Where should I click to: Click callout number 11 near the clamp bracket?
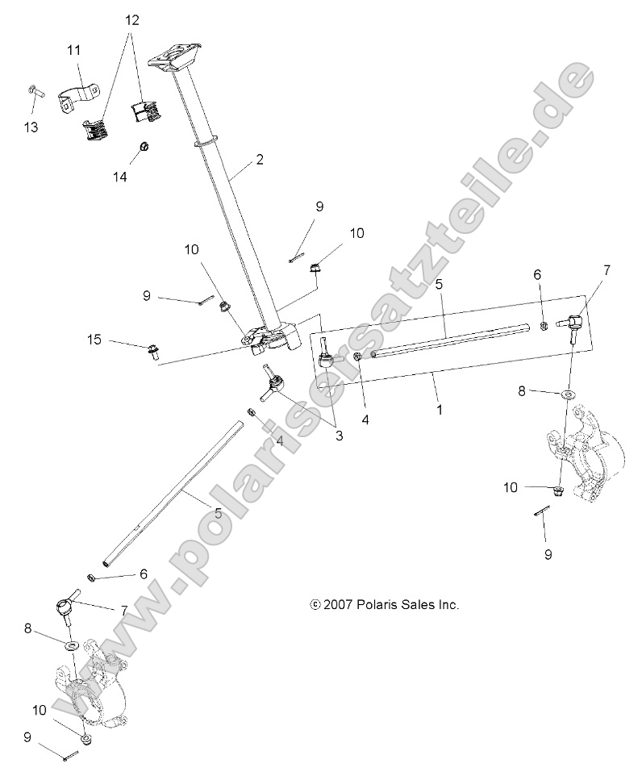pos(73,51)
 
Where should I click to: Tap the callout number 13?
pos(31,127)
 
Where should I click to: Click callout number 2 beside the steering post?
pos(259,160)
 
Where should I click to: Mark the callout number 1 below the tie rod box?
pos(440,410)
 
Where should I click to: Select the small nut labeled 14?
pos(143,146)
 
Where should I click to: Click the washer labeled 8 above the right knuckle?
pos(569,394)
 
